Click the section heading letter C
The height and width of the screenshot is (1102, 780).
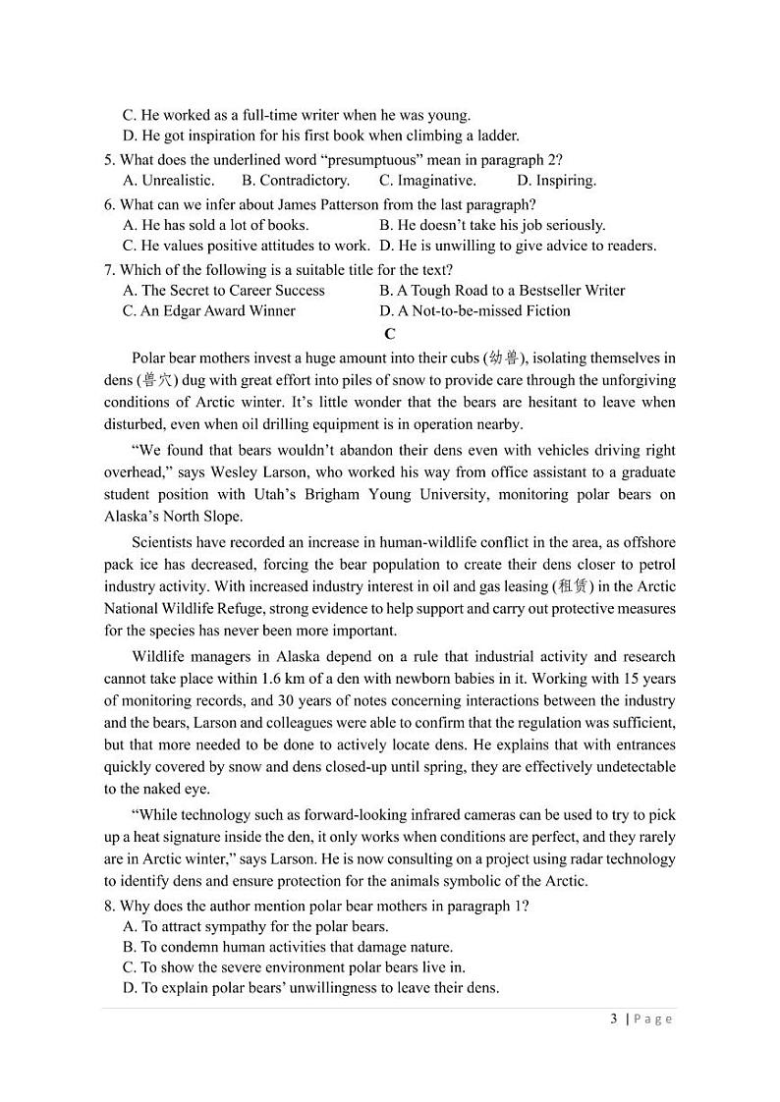(390, 334)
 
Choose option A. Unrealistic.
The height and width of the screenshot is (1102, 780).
(168, 180)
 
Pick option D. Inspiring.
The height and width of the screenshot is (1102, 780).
(556, 180)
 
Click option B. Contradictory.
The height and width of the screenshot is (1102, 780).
(296, 180)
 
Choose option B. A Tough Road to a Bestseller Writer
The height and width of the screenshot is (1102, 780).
(501, 290)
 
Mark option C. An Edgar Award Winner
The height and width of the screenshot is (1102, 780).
(208, 310)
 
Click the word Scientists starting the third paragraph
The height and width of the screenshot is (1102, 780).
(165, 542)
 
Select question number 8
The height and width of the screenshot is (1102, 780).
(110, 906)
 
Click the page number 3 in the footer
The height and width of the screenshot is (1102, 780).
(614, 1019)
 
